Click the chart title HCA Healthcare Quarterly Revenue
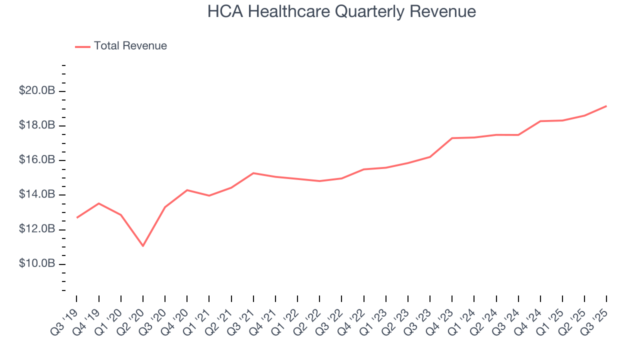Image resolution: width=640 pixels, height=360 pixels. pyautogui.click(x=341, y=11)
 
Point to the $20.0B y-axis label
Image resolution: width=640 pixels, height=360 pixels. pyautogui.click(x=36, y=91)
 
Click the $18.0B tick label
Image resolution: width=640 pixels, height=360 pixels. pyautogui.click(x=36, y=125)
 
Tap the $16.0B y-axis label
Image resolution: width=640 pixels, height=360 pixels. pyautogui.click(x=36, y=160)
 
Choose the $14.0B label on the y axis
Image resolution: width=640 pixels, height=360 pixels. pyautogui.click(x=36, y=194)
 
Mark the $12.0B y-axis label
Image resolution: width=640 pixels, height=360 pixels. pyautogui.click(x=36, y=229)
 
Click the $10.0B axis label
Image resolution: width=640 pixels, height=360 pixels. pyautogui.click(x=36, y=263)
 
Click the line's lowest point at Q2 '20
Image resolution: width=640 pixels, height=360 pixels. pyautogui.click(x=143, y=246)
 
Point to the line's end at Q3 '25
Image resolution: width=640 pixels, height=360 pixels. pyautogui.click(x=606, y=106)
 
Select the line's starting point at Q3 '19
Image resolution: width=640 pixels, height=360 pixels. pyautogui.click(x=76, y=217)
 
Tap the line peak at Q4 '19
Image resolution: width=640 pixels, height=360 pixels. pyautogui.click(x=98, y=203)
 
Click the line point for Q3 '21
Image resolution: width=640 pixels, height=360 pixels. pyautogui.click(x=253, y=173)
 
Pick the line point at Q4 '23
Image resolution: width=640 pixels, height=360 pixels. pyautogui.click(x=451, y=138)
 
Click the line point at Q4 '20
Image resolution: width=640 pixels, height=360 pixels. pyautogui.click(x=187, y=190)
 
